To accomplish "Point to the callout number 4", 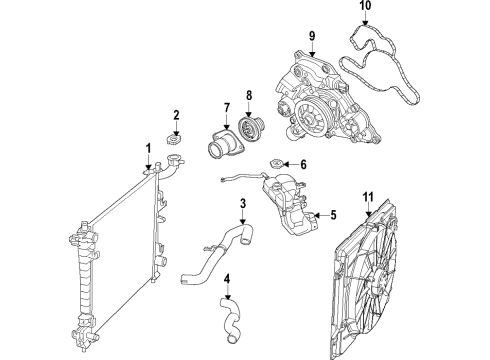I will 226,279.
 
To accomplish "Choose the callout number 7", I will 226,108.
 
